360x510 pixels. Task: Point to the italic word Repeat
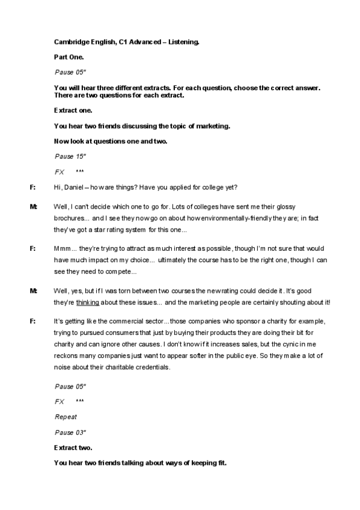pyautogui.click(x=66, y=417)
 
